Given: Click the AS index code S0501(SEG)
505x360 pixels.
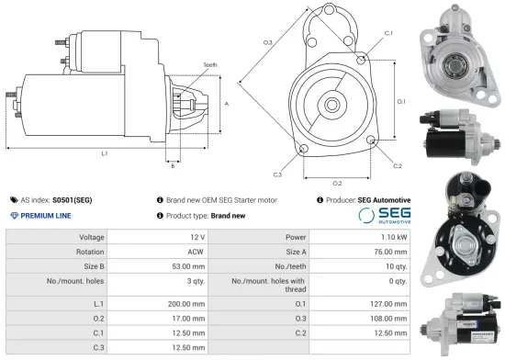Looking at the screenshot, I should (72, 199).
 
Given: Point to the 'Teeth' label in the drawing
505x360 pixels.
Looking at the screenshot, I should (210, 64).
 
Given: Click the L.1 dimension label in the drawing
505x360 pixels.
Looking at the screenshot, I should (105, 152).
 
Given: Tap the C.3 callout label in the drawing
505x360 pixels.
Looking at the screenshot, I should (277, 174).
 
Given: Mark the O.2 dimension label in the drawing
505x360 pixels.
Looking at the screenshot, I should (337, 183).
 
